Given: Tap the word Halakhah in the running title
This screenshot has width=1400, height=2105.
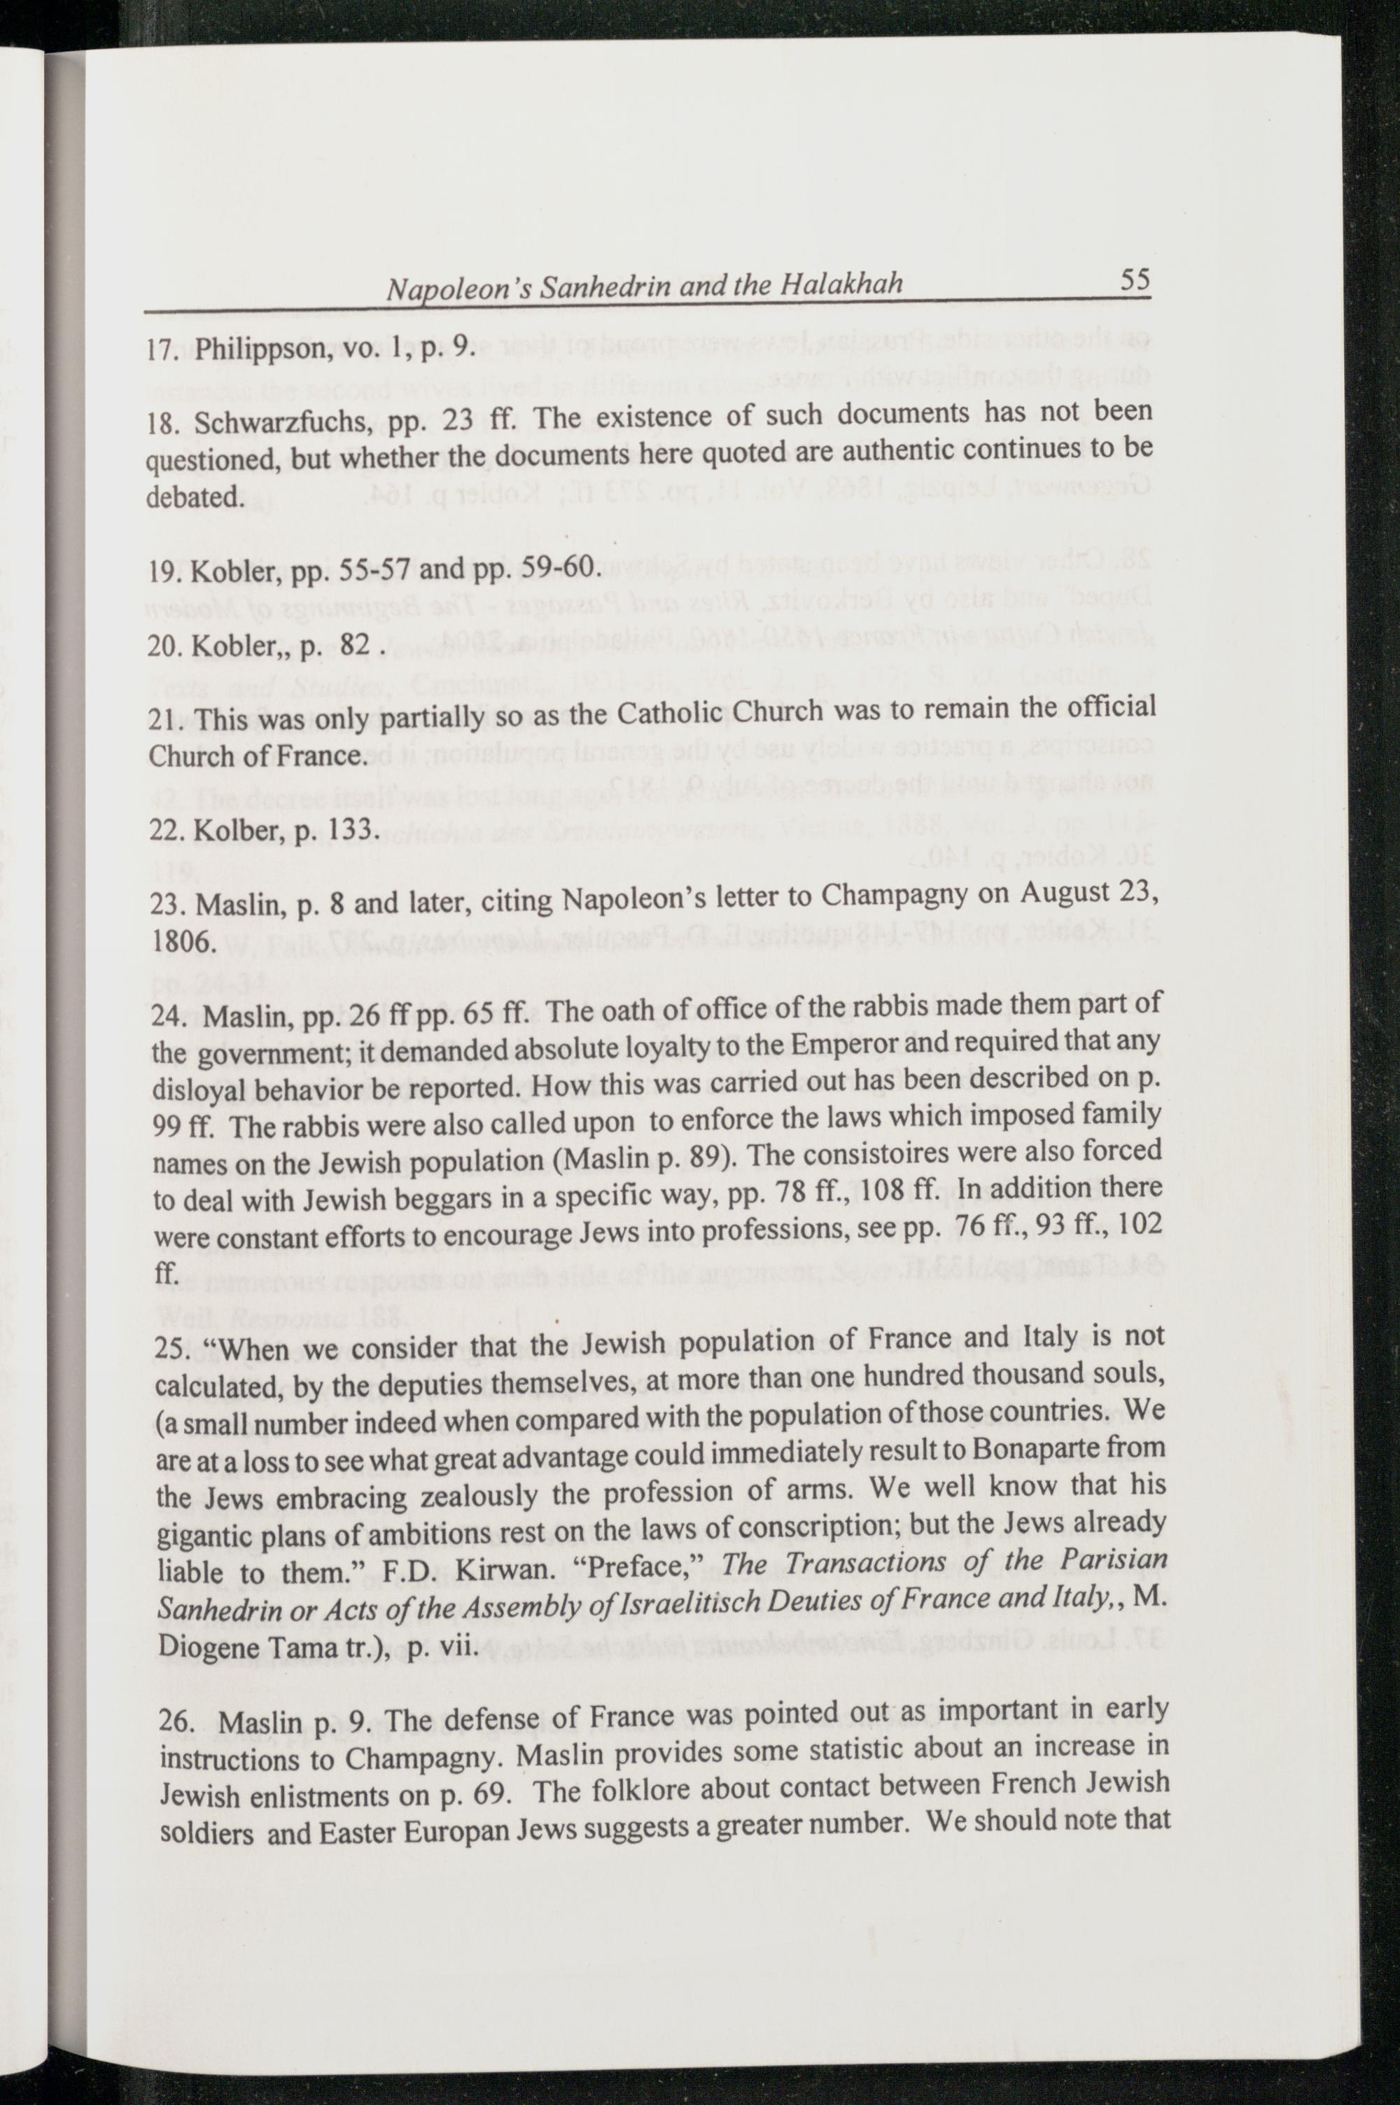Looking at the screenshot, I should pos(841,285).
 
